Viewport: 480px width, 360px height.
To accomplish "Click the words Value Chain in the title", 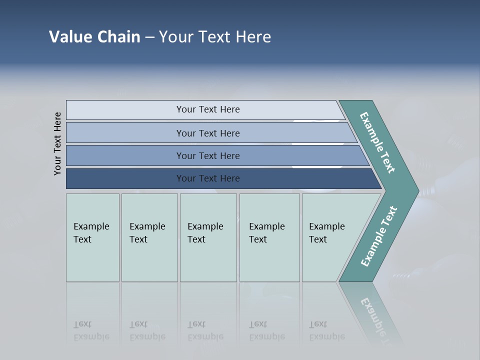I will tap(94, 37).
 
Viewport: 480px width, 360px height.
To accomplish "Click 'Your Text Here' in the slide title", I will tap(215, 37).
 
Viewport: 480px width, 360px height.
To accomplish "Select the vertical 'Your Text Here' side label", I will tap(57, 143).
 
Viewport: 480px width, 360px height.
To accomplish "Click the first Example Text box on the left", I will tap(92, 237).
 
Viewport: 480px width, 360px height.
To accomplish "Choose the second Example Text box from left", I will tap(149, 237).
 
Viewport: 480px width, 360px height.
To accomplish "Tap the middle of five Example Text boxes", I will tap(208, 237).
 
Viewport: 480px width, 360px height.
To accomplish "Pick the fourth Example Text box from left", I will tap(269, 237).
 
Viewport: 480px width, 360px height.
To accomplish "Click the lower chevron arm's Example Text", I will tap(378, 236).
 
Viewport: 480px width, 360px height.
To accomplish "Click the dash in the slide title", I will tap(149, 37).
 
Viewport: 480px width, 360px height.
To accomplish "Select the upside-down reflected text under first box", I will tap(91, 330).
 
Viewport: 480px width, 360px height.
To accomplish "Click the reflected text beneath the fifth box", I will tap(326, 330).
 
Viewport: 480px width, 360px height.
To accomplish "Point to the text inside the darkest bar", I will tap(208, 178).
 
